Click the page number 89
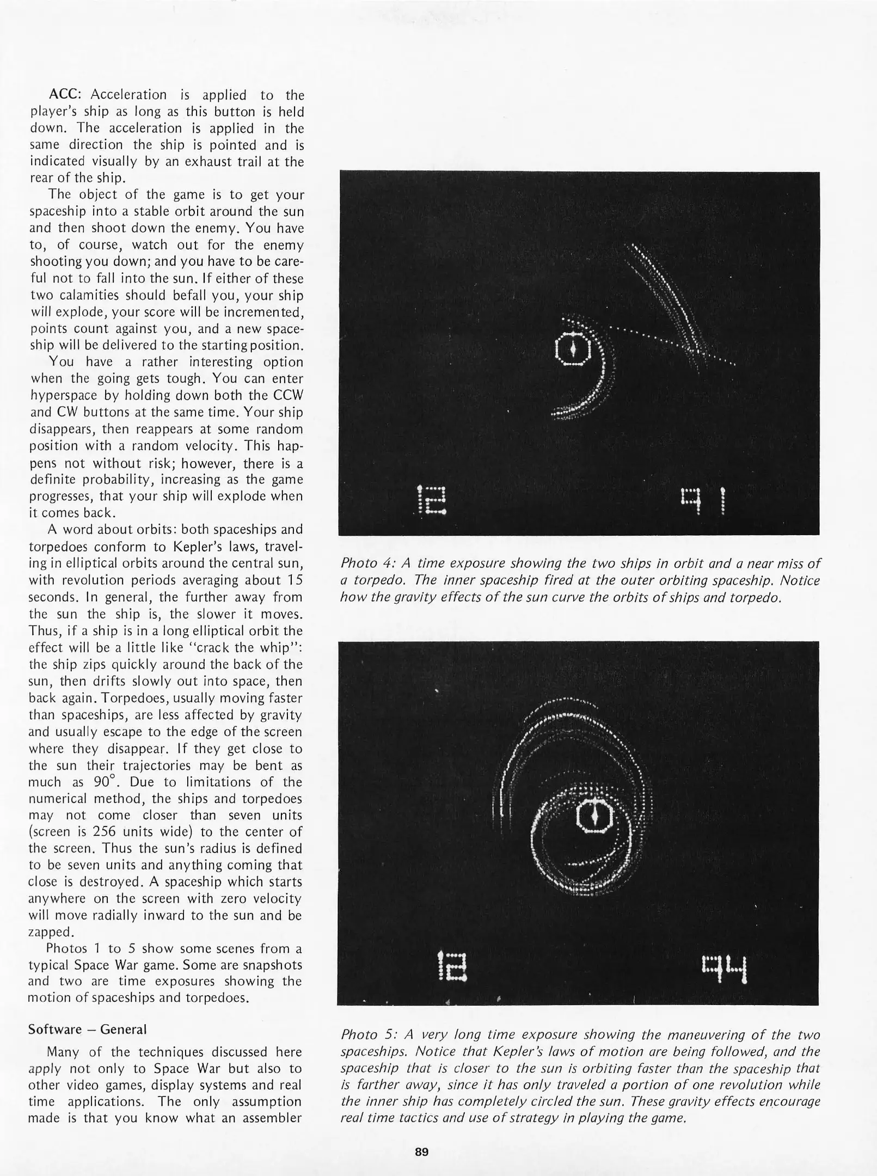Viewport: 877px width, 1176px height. (421, 1151)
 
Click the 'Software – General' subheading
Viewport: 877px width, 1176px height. (87, 1029)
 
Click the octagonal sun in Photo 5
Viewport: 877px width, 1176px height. (594, 815)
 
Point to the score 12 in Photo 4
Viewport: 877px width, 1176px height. (431, 500)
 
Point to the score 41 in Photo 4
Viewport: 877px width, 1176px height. (703, 500)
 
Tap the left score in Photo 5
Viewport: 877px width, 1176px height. (452, 966)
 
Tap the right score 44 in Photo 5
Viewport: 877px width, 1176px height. (725, 966)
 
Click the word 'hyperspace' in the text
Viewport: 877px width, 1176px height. (59, 395)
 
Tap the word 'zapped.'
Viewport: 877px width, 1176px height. (50, 932)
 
